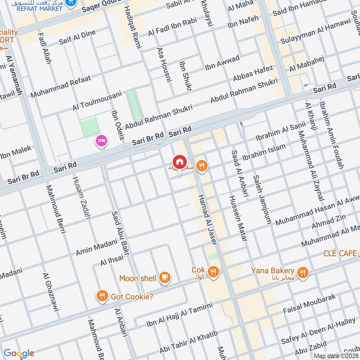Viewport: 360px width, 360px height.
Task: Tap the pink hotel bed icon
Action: click(101, 142)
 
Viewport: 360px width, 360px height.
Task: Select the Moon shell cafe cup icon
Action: click(165, 278)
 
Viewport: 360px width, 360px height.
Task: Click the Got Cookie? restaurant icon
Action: click(103, 296)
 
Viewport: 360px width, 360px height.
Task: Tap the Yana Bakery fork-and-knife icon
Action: click(303, 271)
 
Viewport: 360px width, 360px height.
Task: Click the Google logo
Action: click(18, 353)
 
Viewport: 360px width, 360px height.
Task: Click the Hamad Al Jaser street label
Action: click(207, 222)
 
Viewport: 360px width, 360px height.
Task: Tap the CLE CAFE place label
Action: click(341, 253)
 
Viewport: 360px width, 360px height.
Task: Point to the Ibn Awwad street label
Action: click(222, 64)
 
